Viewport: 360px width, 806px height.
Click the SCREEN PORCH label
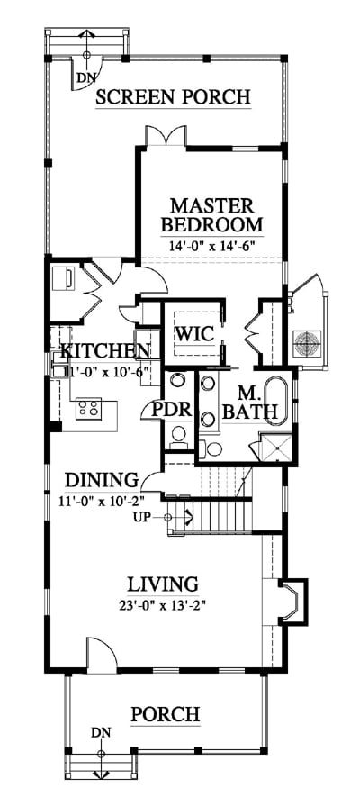[173, 96]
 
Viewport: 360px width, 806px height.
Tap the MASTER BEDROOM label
[211, 215]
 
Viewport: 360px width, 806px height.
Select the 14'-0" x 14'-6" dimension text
[212, 245]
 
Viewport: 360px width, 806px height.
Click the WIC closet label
[194, 334]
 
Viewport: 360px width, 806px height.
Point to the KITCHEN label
[105, 351]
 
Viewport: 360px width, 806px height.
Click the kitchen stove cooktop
[88, 409]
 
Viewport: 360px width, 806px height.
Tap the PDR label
[173, 411]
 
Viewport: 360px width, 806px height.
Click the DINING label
[103, 480]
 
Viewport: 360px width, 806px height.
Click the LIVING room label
[163, 584]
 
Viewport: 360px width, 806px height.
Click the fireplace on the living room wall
[292, 602]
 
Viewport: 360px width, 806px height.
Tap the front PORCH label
[165, 714]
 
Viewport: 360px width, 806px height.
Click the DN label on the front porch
[101, 732]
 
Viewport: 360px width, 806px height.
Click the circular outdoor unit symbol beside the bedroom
[307, 343]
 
